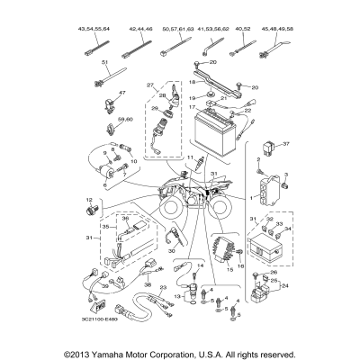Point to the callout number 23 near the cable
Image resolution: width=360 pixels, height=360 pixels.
(164, 285)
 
